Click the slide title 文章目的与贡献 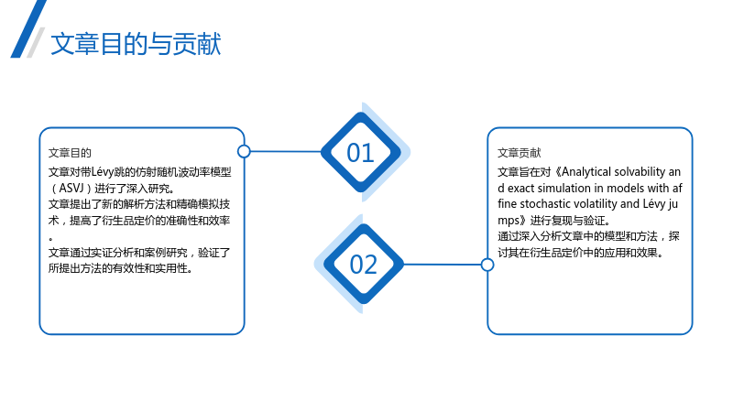[x=136, y=44]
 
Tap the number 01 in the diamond [x=360, y=153]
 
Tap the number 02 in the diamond [x=363, y=265]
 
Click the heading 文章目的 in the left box [x=70, y=153]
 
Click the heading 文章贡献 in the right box [x=519, y=153]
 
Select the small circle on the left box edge [x=244, y=151]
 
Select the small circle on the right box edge [x=487, y=265]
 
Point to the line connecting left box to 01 [x=286, y=151]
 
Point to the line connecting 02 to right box [x=442, y=265]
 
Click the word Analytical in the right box [x=585, y=172]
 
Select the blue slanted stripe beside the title [x=28, y=29]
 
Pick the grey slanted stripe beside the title [x=36, y=42]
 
